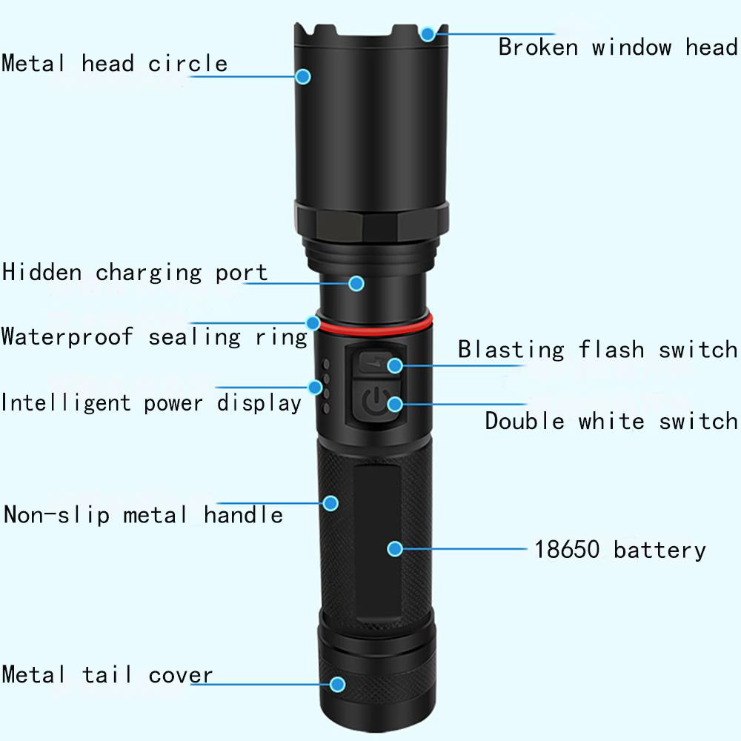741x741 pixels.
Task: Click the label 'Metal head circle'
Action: click(x=114, y=63)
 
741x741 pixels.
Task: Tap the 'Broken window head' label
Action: click(x=618, y=47)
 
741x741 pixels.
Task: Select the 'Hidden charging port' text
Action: click(x=135, y=273)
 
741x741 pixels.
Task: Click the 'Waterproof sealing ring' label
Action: click(x=155, y=337)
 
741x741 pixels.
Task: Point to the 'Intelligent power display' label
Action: click(x=150, y=403)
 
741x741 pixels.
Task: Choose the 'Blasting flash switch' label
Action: click(x=597, y=350)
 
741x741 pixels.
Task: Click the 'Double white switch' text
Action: click(x=611, y=421)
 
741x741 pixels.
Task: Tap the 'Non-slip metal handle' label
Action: click(x=143, y=514)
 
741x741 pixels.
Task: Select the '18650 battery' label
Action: click(x=620, y=550)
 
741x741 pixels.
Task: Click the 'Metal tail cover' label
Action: click(x=107, y=674)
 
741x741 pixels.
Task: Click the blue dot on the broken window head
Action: click(x=428, y=34)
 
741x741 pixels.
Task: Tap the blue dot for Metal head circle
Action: click(x=303, y=76)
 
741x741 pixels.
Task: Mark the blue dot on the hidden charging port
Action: click(x=356, y=284)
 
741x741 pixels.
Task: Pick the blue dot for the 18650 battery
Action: click(x=395, y=548)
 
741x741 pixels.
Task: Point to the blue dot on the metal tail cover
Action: click(x=337, y=684)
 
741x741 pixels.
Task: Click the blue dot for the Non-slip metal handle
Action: click(x=330, y=503)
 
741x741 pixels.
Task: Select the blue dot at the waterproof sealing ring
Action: click(x=313, y=323)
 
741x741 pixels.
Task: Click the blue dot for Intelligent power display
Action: click(x=315, y=388)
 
